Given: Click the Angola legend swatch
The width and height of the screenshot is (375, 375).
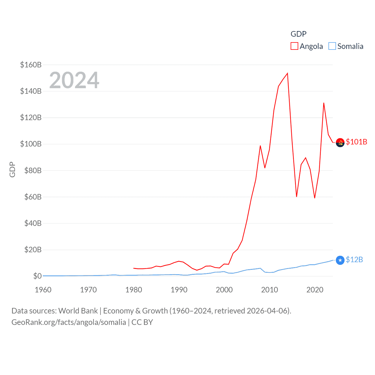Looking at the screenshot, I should click(x=294, y=46).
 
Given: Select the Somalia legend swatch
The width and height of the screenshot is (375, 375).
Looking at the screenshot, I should click(x=332, y=46).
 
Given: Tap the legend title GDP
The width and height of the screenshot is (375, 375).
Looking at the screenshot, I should click(x=298, y=34).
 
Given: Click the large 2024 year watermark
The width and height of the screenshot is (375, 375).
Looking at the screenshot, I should click(x=74, y=80).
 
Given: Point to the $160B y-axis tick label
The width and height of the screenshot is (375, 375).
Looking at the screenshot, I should click(x=31, y=65).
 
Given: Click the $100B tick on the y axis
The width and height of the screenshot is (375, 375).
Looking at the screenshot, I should click(x=31, y=144).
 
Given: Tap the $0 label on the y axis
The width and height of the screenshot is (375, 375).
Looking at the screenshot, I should click(x=37, y=276).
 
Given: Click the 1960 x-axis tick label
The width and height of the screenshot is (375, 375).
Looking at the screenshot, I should click(x=43, y=290).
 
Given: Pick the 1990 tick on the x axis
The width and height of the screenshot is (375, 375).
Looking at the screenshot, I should click(x=179, y=290).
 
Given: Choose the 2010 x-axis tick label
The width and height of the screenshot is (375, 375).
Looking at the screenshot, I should click(x=269, y=290).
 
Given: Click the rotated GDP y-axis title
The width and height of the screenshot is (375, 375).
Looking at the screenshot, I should click(x=12, y=169).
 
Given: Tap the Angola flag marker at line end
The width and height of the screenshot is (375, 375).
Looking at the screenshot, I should click(x=340, y=143).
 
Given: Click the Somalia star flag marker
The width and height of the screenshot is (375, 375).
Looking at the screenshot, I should click(x=340, y=260).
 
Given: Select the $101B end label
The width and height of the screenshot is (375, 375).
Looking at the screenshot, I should click(x=356, y=142).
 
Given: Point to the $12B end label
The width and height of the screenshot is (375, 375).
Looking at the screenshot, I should click(x=354, y=260).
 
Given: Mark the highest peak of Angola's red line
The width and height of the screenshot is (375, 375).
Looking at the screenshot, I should click(x=287, y=73).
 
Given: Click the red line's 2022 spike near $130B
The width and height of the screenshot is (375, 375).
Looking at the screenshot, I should click(x=324, y=103).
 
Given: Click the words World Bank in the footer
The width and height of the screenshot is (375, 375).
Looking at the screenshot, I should click(x=78, y=311).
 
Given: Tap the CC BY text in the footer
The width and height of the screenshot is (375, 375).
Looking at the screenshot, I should click(x=142, y=322).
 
